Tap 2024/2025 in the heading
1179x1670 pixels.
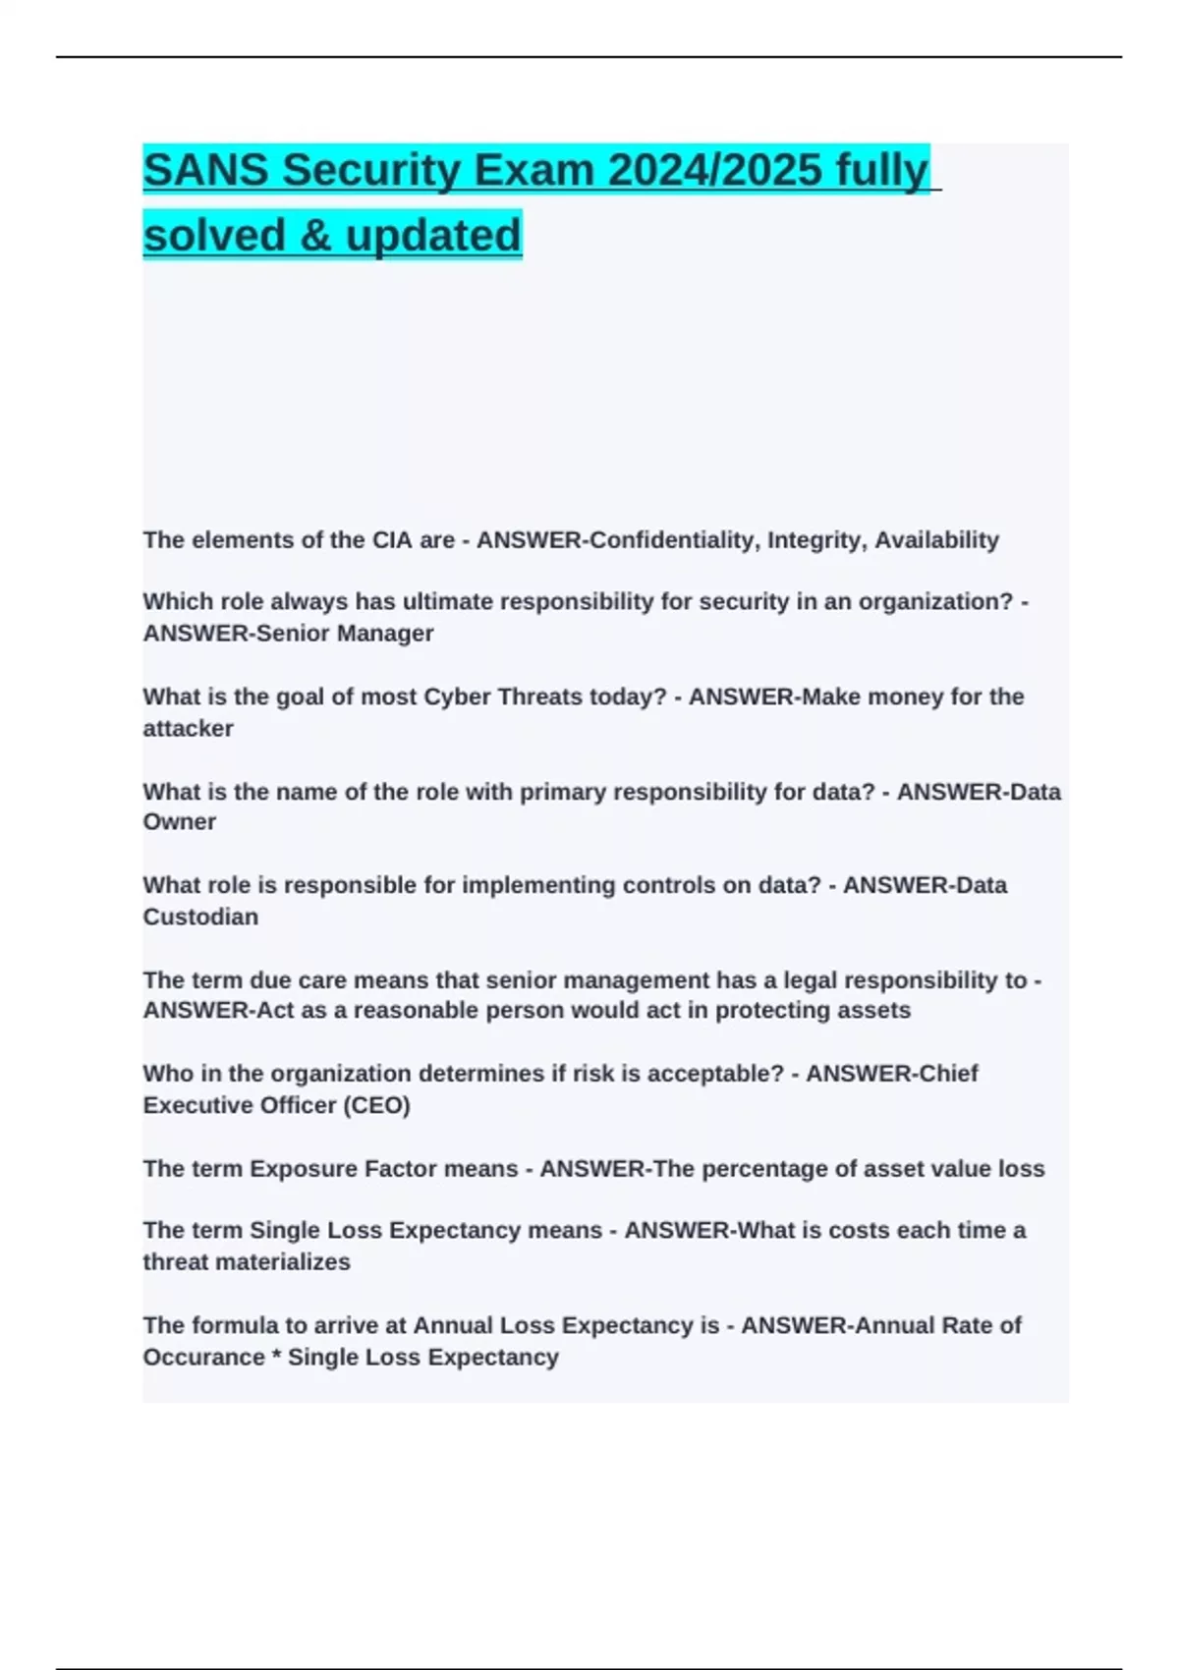click(715, 170)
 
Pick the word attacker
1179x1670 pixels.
click(188, 729)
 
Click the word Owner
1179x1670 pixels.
click(179, 822)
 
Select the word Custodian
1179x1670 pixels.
click(200, 917)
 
